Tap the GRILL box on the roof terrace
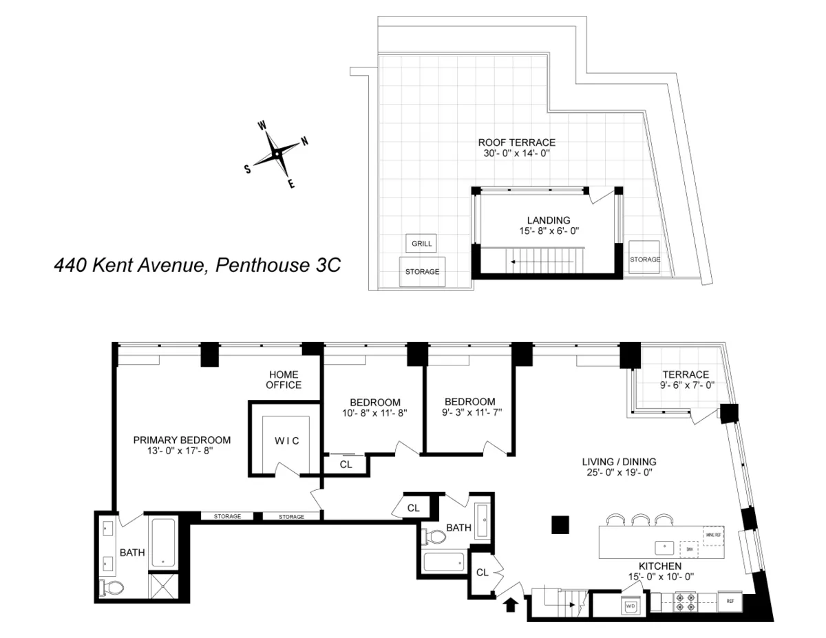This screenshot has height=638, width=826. (x=421, y=244)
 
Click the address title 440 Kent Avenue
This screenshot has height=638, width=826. (x=197, y=265)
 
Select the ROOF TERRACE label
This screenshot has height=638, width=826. (x=516, y=142)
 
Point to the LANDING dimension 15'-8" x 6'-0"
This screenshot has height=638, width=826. (x=549, y=231)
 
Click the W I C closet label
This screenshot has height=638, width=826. (x=287, y=440)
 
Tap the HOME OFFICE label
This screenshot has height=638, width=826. (x=284, y=379)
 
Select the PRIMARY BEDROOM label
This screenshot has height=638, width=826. (x=182, y=440)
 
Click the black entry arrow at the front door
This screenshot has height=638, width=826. (x=510, y=605)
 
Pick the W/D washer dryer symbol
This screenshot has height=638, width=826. (x=630, y=606)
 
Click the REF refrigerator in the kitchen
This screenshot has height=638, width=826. (x=730, y=601)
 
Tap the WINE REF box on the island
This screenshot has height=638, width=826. (x=713, y=535)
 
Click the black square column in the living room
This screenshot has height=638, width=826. (x=561, y=525)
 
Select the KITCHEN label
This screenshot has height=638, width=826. (x=659, y=566)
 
